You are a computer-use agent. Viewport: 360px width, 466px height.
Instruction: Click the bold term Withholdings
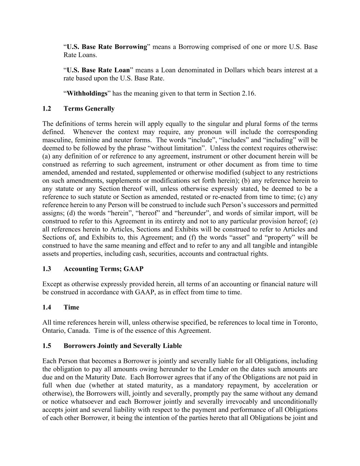pos(87,94)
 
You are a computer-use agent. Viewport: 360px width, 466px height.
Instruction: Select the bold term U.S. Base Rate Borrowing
pos(107,47)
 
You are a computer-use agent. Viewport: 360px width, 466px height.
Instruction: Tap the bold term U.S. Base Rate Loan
pos(98,70)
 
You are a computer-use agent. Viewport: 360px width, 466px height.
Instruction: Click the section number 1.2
pos(47,109)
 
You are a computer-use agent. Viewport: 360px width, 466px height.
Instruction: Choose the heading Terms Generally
pos(89,109)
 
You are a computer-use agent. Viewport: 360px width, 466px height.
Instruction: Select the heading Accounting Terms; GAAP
pos(103,269)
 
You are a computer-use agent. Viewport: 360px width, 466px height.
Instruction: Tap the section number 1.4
pos(47,308)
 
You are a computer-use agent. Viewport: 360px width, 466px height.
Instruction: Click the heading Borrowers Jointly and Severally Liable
pos(123,346)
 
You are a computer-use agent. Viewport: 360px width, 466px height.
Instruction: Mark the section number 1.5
pos(47,346)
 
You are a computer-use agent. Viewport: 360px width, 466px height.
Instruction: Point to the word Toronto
pos(305,323)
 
